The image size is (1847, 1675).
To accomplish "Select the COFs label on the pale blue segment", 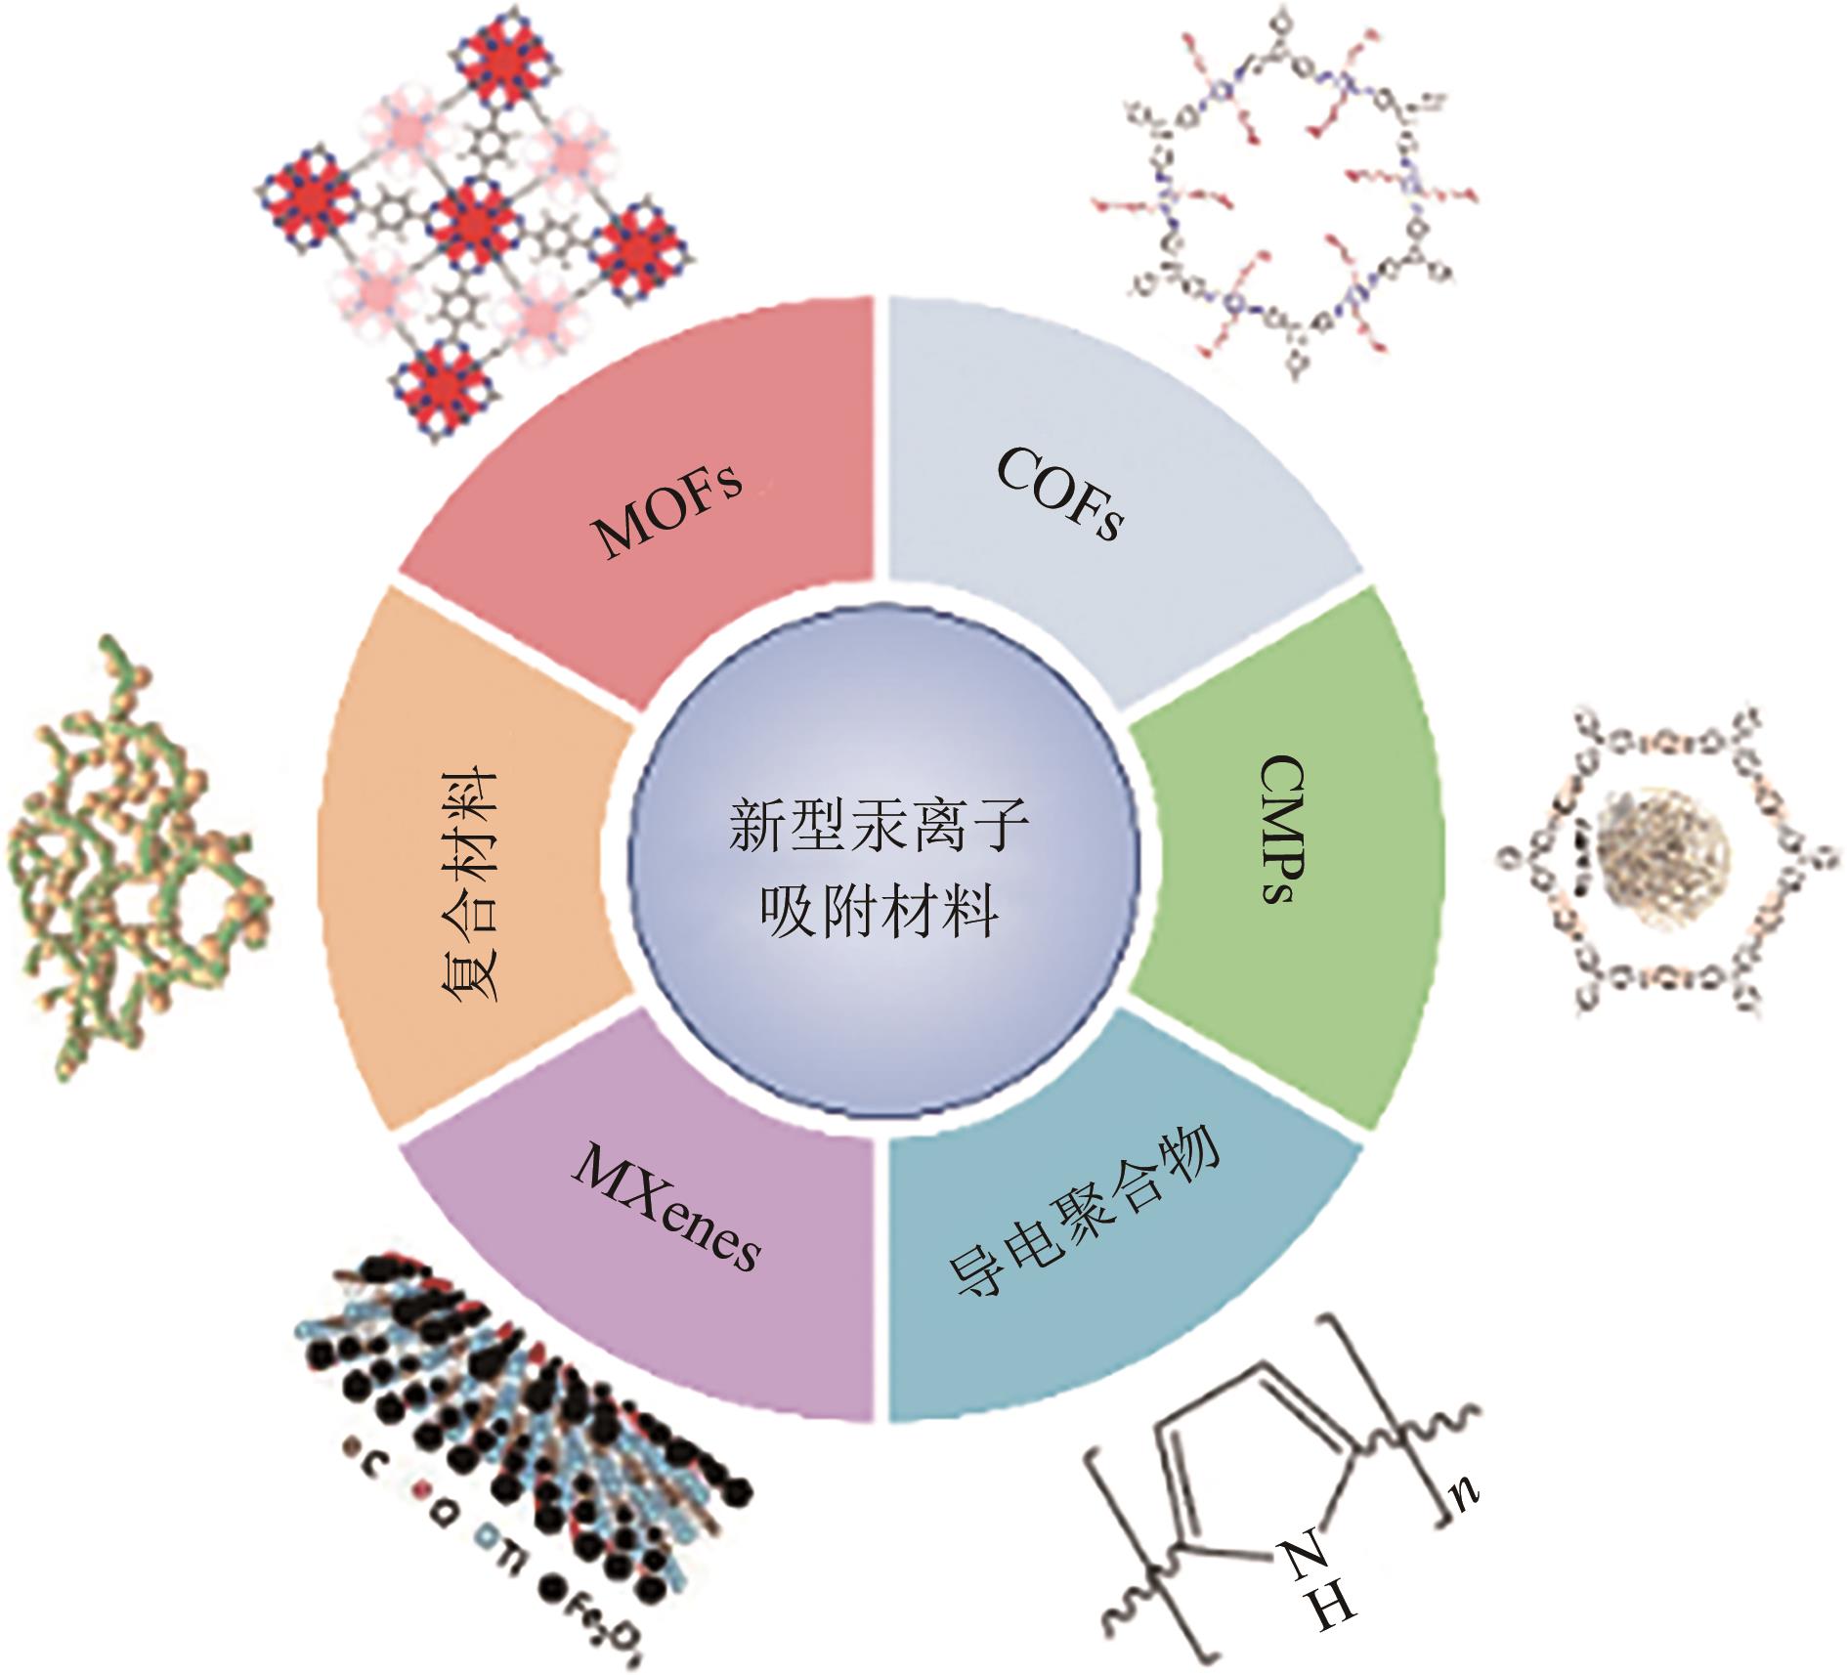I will pyautogui.click(x=1060, y=494).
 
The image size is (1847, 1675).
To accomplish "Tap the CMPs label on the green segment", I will pyautogui.click(x=1282, y=829).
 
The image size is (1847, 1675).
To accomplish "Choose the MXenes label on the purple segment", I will pyautogui.click(x=666, y=1208).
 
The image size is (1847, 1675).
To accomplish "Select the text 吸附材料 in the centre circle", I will pyautogui.click(x=879, y=912).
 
